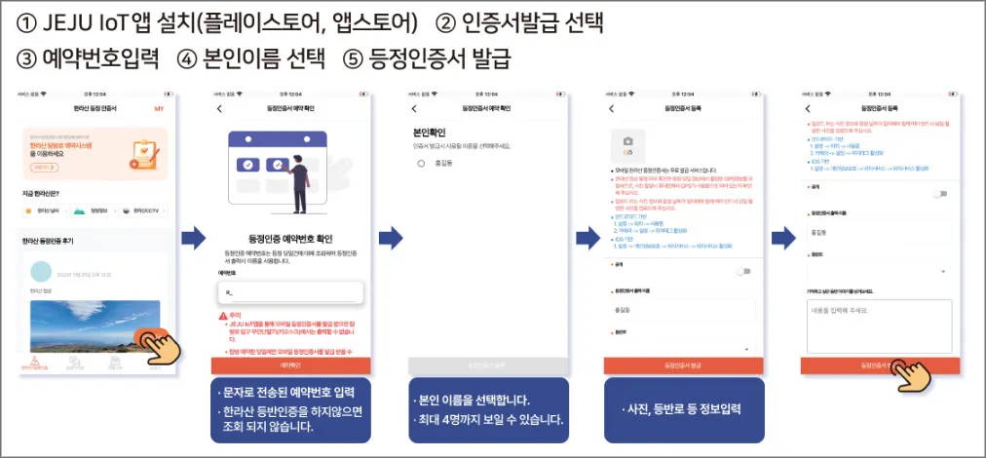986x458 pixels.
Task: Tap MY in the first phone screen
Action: click(x=159, y=108)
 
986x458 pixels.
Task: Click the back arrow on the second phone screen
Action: click(x=219, y=108)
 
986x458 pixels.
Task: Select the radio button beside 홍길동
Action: click(x=421, y=163)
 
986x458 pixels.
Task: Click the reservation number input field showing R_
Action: click(x=289, y=291)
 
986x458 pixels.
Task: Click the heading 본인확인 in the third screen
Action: click(x=429, y=132)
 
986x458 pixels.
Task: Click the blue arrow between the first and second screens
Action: click(x=195, y=237)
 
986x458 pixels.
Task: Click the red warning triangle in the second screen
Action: click(x=222, y=317)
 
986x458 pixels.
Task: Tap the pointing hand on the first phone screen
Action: click(x=156, y=343)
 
